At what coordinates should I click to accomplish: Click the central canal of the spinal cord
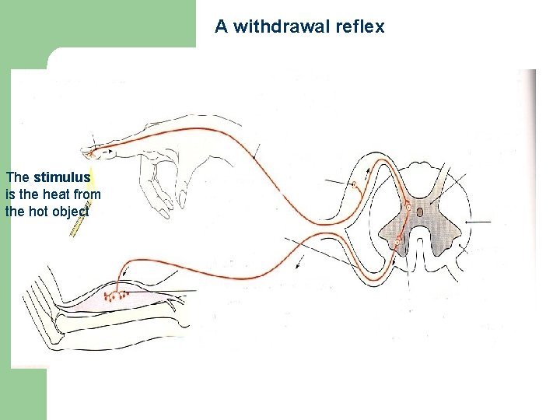tap(419, 212)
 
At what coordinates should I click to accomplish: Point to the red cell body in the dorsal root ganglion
tap(355, 185)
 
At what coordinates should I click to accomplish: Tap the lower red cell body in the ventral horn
tap(399, 243)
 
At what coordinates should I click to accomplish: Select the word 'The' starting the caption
tap(17, 177)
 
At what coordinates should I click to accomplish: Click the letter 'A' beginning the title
tap(221, 26)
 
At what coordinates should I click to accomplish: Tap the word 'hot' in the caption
tap(37, 211)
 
